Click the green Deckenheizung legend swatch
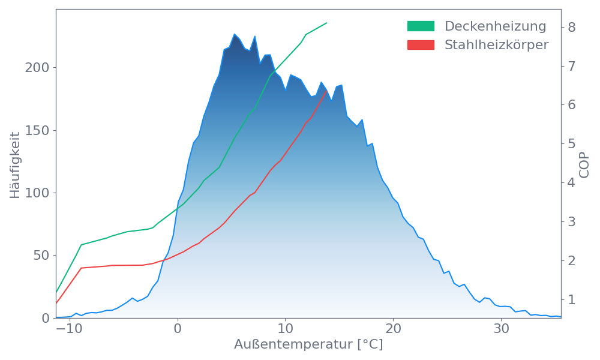coord(421,26)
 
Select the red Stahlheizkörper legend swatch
coord(421,45)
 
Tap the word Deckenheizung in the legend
coord(495,26)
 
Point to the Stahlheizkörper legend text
coord(496,45)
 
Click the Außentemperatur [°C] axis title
coord(308,345)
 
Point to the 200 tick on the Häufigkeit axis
coord(37,67)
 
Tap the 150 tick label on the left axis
coord(37,130)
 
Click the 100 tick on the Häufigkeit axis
coord(37,193)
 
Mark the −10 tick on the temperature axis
coord(69,329)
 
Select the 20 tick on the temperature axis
coord(393,329)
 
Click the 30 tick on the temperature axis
coord(501,329)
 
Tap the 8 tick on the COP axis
coord(571,27)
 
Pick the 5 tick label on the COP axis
coord(571,143)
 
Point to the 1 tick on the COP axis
coord(571,299)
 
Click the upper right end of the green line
coord(327,23)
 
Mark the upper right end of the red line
coord(326,91)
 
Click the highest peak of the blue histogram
coord(235,34)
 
